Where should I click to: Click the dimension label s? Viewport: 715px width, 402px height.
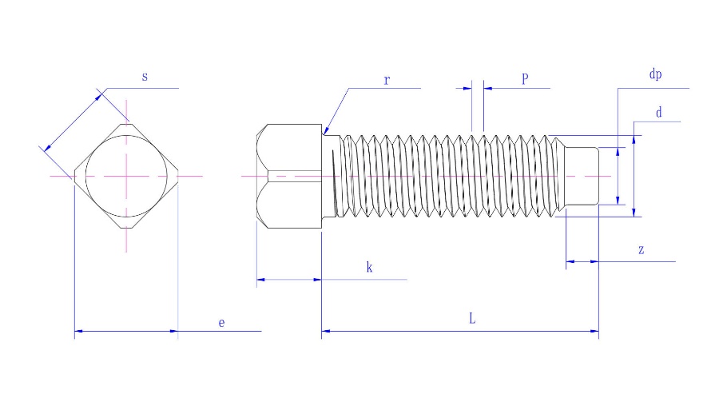(145, 78)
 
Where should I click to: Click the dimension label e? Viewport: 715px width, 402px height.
(222, 322)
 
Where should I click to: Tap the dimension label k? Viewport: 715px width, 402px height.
(369, 268)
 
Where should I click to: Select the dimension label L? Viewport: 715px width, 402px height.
(472, 318)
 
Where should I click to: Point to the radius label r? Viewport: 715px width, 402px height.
(386, 81)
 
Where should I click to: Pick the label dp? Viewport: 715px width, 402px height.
(655, 74)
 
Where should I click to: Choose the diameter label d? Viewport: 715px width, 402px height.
(658, 113)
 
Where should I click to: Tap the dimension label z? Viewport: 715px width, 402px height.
(641, 250)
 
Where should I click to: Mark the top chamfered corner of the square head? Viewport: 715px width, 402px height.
(126, 125)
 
